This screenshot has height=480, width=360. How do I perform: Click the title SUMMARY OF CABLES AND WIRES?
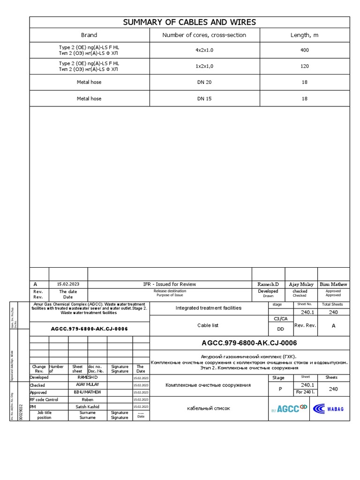pyautogui.click(x=189, y=22)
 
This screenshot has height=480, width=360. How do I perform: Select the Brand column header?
pyautogui.click(x=89, y=35)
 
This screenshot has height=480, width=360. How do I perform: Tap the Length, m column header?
pyautogui.click(x=304, y=35)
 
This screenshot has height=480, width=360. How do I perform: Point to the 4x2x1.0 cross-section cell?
pyautogui.click(x=204, y=50)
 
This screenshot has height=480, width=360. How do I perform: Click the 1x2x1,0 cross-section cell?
pyautogui.click(x=204, y=66)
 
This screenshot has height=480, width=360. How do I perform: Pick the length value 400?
pyautogui.click(x=304, y=50)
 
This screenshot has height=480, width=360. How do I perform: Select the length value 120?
pyautogui.click(x=304, y=66)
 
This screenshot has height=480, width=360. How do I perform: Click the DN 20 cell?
pyautogui.click(x=204, y=82)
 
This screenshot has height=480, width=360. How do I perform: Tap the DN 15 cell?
pyautogui.click(x=204, y=99)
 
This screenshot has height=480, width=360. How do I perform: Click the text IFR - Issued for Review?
pyautogui.click(x=169, y=284)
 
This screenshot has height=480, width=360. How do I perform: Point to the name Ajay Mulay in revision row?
pyautogui.click(x=300, y=284)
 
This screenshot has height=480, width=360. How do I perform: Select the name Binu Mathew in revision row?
pyautogui.click(x=333, y=284)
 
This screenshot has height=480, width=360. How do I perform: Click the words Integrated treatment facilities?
pyautogui.click(x=208, y=308)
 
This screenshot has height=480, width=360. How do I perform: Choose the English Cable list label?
pyautogui.click(x=208, y=325)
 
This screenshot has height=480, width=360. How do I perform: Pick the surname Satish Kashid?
pyautogui.click(x=87, y=406)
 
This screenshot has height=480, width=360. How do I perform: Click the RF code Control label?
pyautogui.click(x=44, y=399)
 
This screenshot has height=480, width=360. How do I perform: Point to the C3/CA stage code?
pyautogui.click(x=280, y=319)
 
